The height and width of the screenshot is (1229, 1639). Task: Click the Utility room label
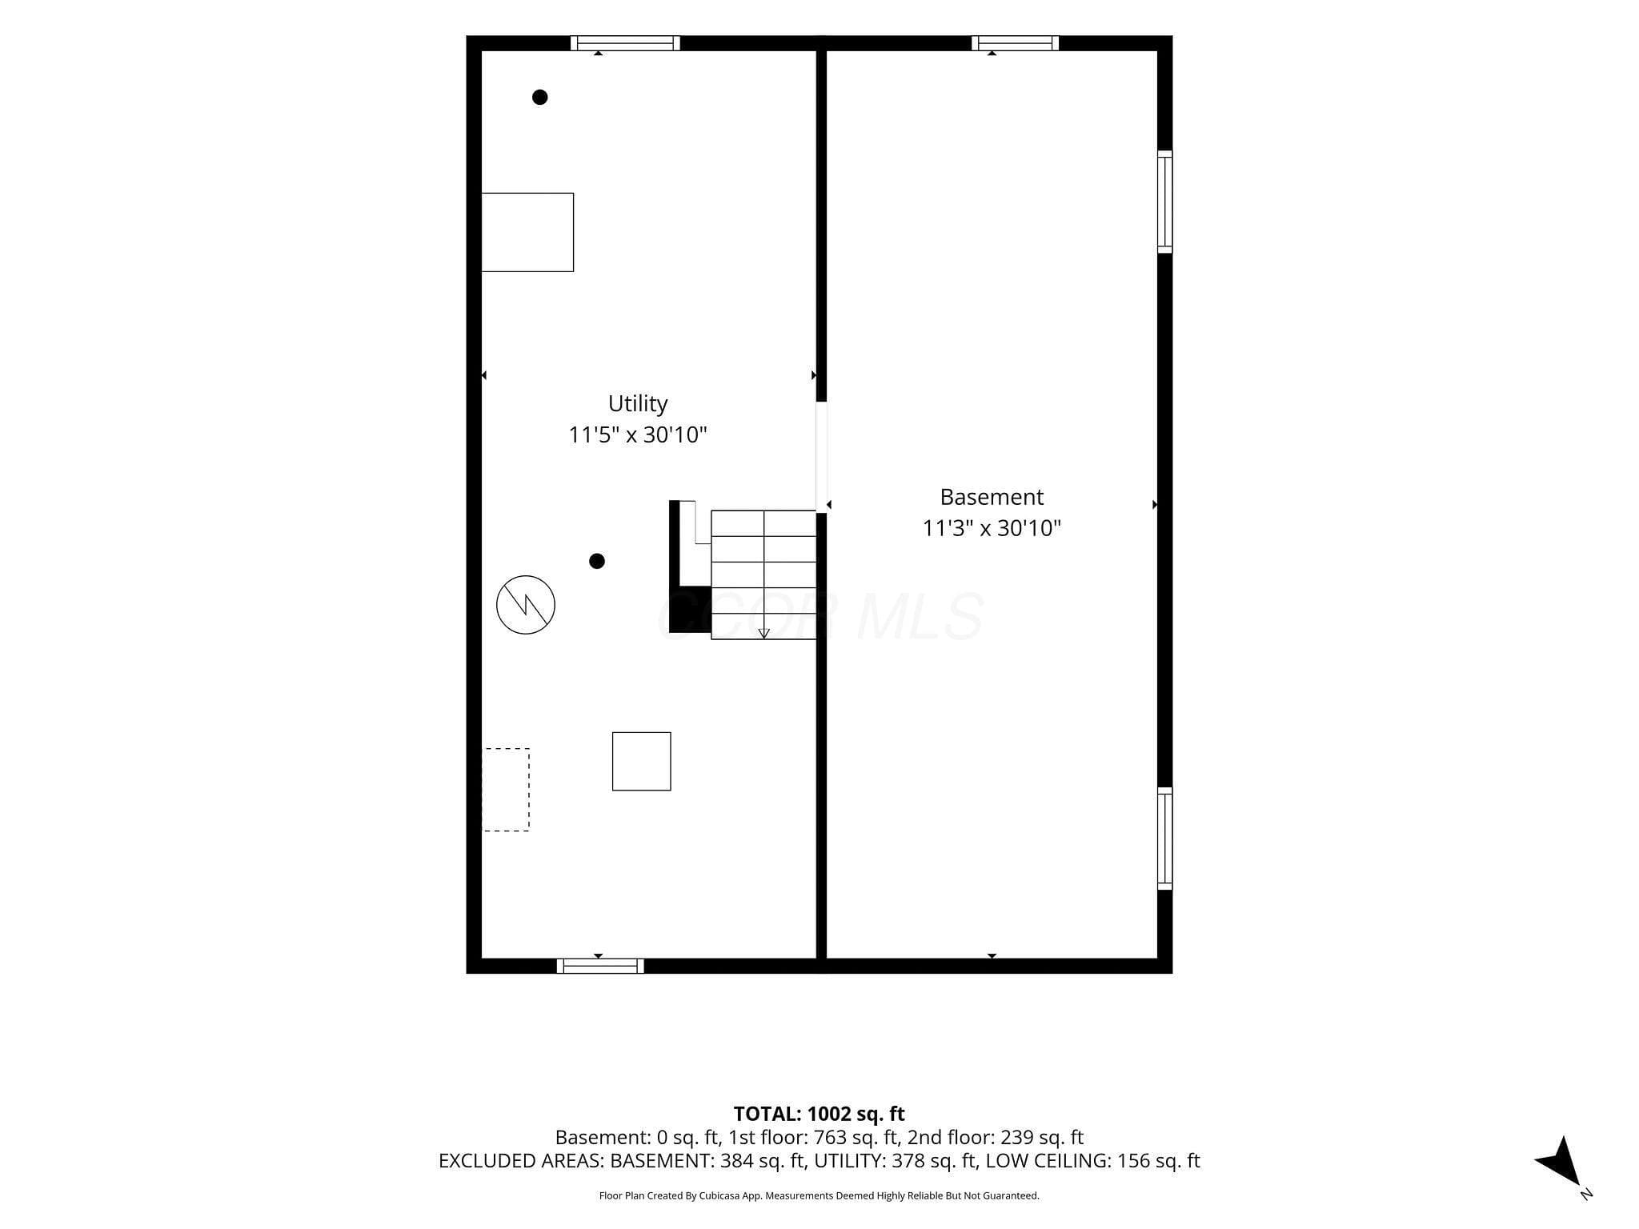pyautogui.click(x=638, y=403)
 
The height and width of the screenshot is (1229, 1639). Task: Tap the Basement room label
pyautogui.click(x=992, y=497)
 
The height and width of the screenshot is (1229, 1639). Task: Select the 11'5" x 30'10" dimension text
pyautogui.click(x=638, y=435)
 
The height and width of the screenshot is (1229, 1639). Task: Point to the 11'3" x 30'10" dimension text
pyautogui.click(x=992, y=528)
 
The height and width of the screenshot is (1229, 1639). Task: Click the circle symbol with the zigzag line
pyautogui.click(x=526, y=605)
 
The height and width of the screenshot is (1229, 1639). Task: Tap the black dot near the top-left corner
pyautogui.click(x=540, y=97)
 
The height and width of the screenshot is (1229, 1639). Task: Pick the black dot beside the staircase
pyautogui.click(x=597, y=561)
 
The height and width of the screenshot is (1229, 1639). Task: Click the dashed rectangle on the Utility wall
pyautogui.click(x=506, y=790)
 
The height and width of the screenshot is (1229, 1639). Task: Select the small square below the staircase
pyautogui.click(x=642, y=761)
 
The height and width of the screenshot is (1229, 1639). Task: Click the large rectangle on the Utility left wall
pyautogui.click(x=527, y=232)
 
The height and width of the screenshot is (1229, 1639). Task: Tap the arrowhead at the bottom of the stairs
pyautogui.click(x=764, y=633)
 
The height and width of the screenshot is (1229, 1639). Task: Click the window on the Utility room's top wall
pyautogui.click(x=625, y=43)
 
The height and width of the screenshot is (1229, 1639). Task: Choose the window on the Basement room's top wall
pyautogui.click(x=1016, y=43)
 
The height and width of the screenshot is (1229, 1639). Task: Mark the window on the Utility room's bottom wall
pyautogui.click(x=600, y=966)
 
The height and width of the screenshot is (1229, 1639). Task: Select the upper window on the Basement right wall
pyautogui.click(x=1165, y=202)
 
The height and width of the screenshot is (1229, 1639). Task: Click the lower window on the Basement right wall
pyautogui.click(x=1165, y=839)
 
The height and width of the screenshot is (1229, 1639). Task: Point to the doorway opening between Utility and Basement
pyautogui.click(x=821, y=457)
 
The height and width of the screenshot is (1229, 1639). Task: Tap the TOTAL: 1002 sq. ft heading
pyautogui.click(x=819, y=1114)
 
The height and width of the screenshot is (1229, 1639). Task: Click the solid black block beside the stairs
pyautogui.click(x=690, y=610)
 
